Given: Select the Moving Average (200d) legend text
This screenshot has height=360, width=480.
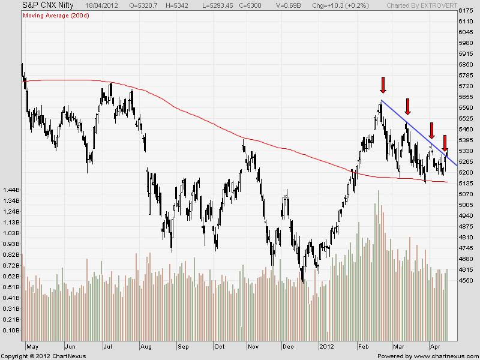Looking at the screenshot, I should click(x=53, y=15).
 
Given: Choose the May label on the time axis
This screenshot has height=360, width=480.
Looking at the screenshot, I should click(x=34, y=347).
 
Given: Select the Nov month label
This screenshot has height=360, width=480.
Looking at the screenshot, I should click(x=254, y=347).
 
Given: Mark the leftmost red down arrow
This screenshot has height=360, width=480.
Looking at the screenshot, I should click(x=383, y=85).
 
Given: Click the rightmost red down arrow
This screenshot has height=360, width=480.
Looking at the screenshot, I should click(x=445, y=143).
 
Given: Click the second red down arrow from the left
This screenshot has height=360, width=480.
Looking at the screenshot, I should click(x=407, y=106).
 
